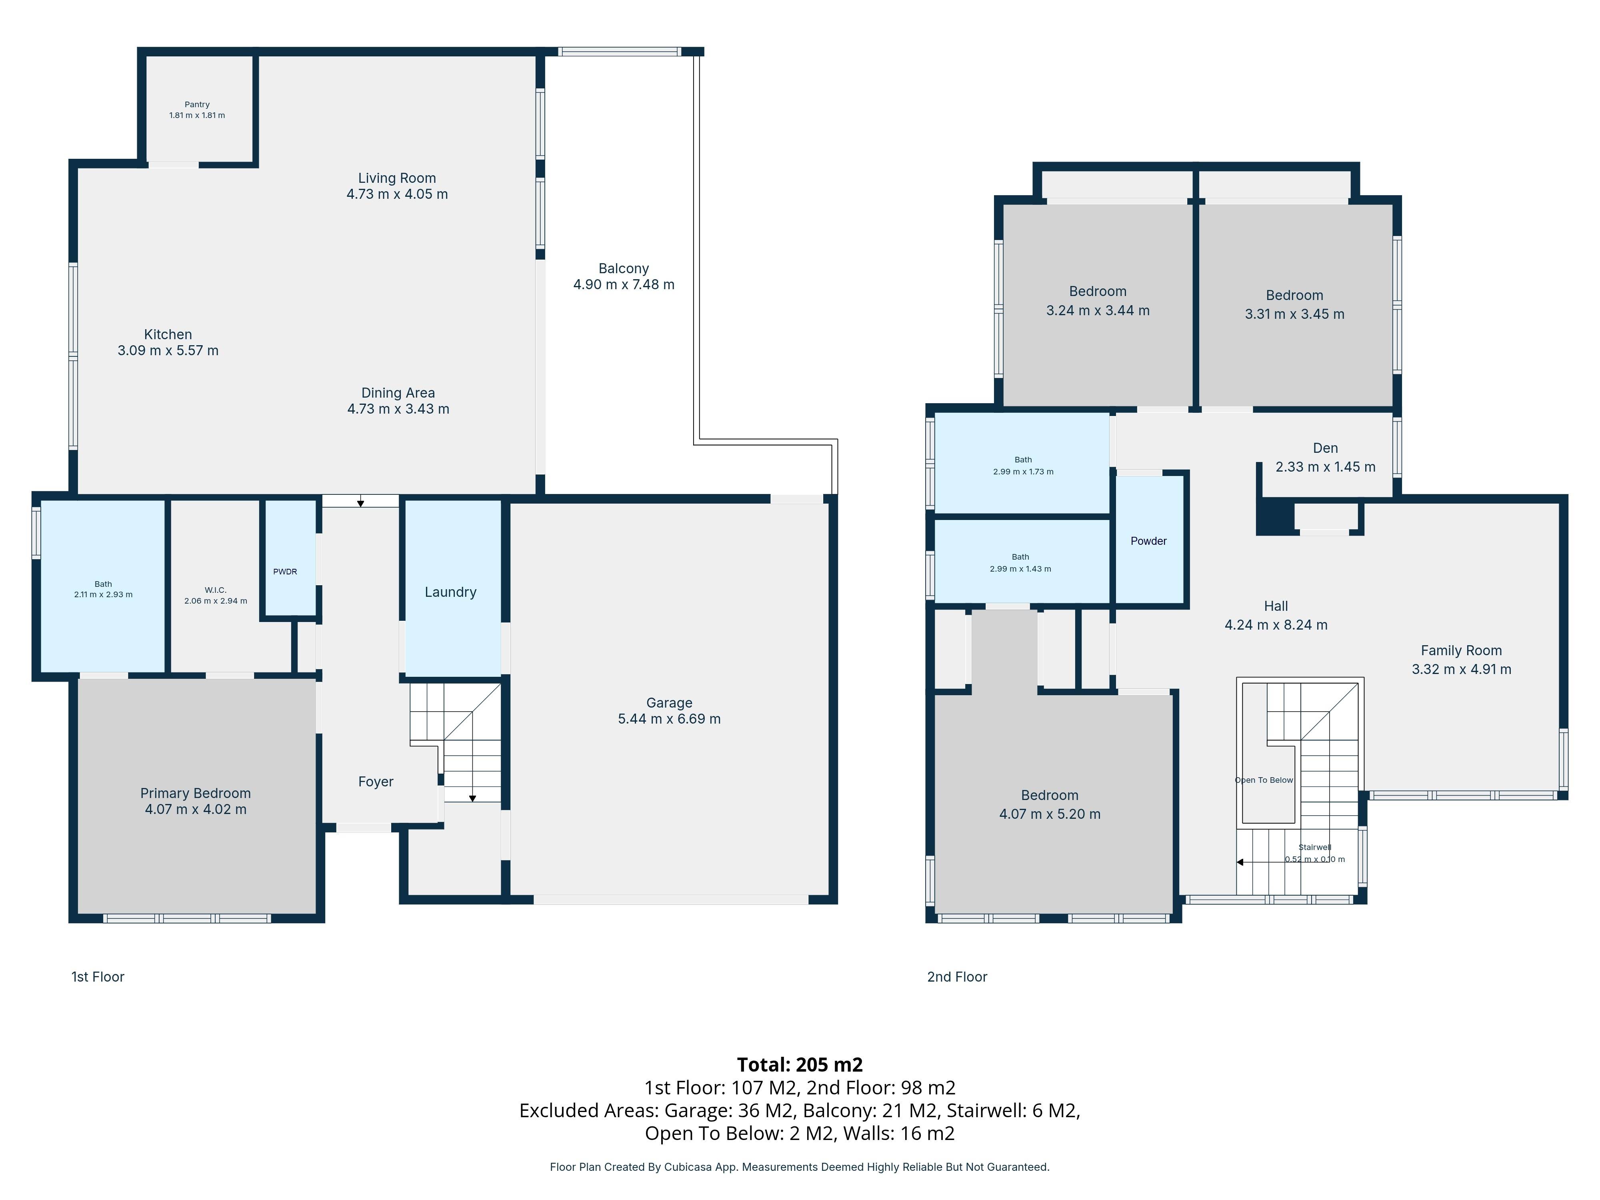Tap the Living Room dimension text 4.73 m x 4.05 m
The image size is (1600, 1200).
(x=397, y=194)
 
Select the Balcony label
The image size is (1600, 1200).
(x=624, y=268)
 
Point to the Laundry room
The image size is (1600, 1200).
(x=451, y=592)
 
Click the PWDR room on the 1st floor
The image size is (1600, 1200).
(x=285, y=572)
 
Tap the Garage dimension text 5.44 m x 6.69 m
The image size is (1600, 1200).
(x=669, y=719)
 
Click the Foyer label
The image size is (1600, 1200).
(x=376, y=781)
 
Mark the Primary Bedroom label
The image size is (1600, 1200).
(x=195, y=793)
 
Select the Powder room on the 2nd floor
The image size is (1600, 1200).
(x=1149, y=541)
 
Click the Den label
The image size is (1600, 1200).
(x=1325, y=448)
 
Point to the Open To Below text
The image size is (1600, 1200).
(x=1264, y=780)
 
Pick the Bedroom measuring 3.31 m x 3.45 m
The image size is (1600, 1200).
(x=1294, y=304)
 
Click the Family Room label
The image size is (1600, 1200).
(x=1461, y=650)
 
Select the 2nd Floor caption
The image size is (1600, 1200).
(x=957, y=976)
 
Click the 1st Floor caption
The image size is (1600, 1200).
(x=98, y=976)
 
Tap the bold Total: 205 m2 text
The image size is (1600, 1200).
(x=799, y=1064)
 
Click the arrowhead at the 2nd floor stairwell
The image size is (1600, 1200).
(x=1240, y=862)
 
